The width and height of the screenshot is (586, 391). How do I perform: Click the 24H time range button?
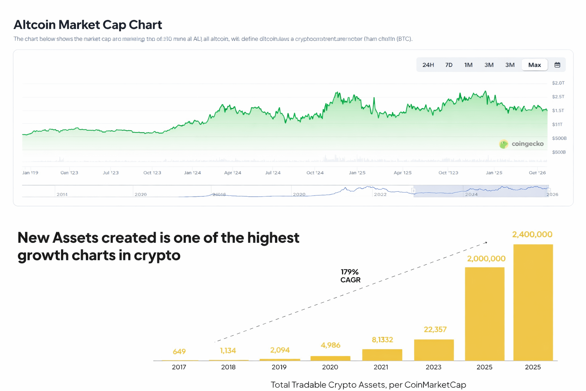[x=428, y=65]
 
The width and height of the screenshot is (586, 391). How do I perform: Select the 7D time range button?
[x=449, y=65]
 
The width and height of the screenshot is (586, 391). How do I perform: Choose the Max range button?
[x=534, y=65]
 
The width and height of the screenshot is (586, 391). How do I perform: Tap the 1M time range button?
[x=468, y=65]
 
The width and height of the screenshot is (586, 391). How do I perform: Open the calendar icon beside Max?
[x=557, y=65]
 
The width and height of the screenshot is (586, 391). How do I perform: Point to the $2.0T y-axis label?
[x=558, y=83]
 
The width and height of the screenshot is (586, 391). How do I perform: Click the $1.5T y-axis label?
[x=558, y=110]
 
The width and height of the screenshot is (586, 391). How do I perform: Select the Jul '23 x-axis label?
[x=111, y=173]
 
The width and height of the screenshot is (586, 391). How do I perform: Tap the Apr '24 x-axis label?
[x=233, y=173]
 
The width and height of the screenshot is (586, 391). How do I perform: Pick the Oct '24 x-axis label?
[x=315, y=173]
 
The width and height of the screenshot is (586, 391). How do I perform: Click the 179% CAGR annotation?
[x=350, y=276]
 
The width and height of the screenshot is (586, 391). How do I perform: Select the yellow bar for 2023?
[x=434, y=350]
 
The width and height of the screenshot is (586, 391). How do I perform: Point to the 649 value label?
[x=179, y=351]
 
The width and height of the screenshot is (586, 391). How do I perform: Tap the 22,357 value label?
[x=435, y=329]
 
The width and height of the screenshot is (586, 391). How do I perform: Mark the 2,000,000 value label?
[x=486, y=259]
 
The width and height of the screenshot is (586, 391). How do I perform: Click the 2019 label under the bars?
[x=279, y=367]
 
